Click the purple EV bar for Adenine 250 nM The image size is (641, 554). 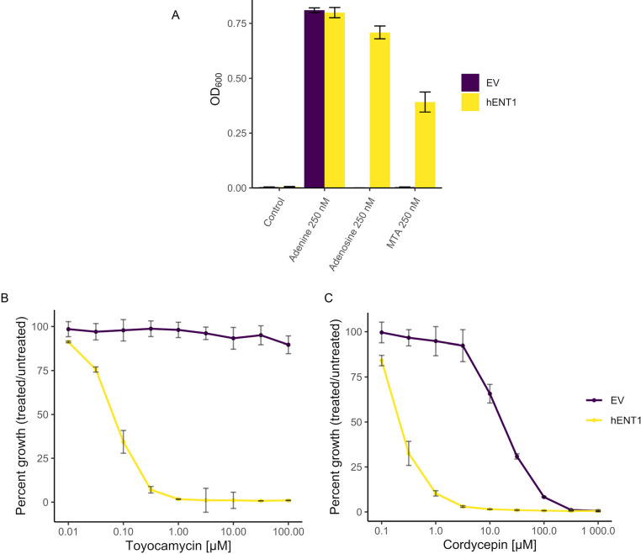tap(314, 99)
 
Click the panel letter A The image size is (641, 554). tap(175, 14)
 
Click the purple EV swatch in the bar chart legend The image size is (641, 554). tap(470, 82)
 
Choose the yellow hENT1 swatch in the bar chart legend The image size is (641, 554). tap(470, 102)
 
